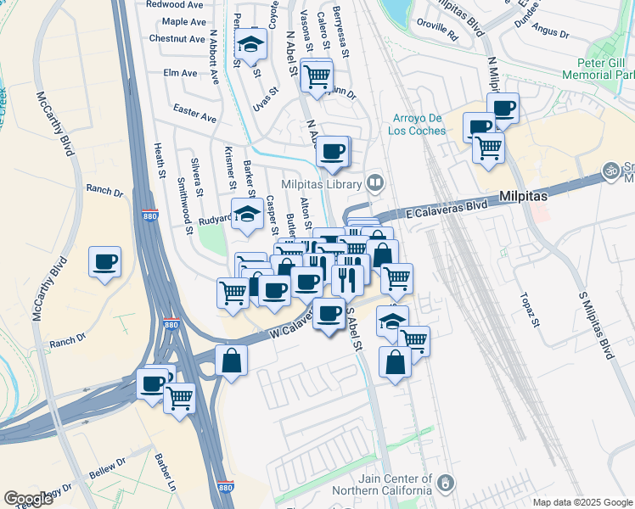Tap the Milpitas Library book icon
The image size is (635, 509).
[x=374, y=183]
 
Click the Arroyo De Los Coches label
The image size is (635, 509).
[x=419, y=124]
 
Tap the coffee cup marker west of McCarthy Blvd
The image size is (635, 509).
[x=105, y=262]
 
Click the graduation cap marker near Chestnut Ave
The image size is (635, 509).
[x=250, y=44]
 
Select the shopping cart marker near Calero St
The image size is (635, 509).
[x=317, y=76]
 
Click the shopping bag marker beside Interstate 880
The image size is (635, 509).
[x=232, y=361]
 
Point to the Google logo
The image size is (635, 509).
[x=29, y=498]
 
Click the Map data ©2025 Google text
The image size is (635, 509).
[x=582, y=502]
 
